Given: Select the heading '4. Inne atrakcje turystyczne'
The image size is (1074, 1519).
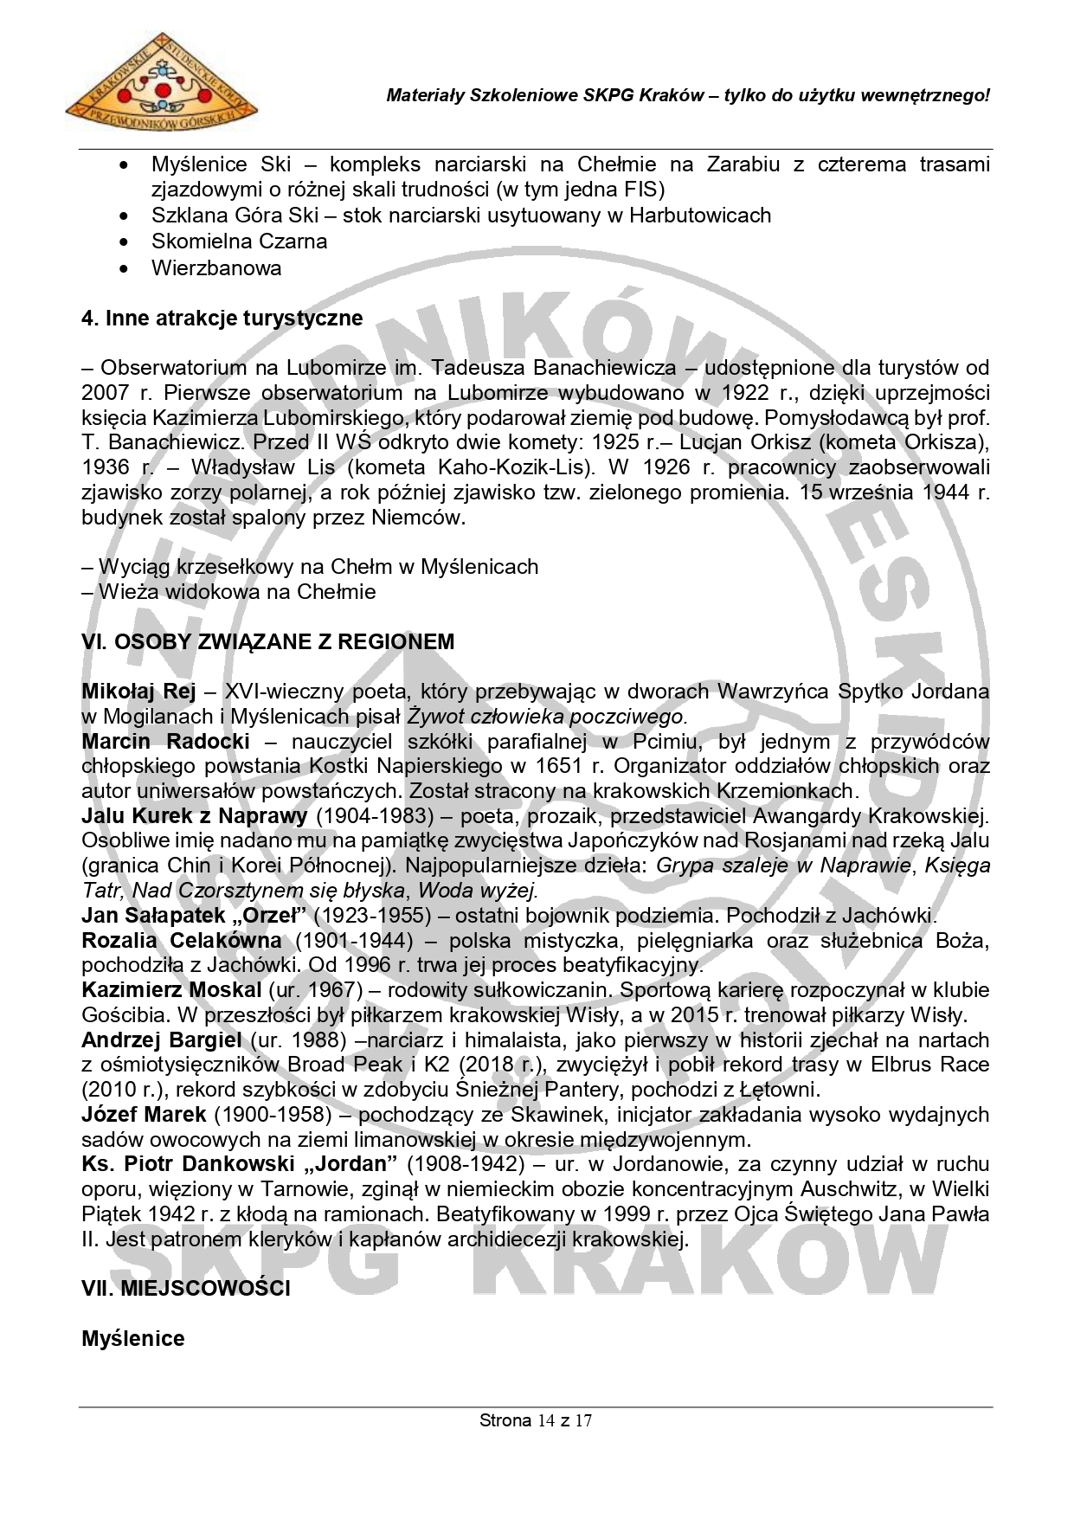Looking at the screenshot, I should (222, 318).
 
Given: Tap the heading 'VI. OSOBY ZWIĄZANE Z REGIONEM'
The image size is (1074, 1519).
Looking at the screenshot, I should (267, 641).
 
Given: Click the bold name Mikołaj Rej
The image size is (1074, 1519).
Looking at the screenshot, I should (138, 692).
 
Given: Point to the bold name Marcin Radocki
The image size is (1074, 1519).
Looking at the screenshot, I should (165, 742).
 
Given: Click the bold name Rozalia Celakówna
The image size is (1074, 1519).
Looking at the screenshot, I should (182, 940).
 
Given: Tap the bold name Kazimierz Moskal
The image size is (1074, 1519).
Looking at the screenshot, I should (171, 990).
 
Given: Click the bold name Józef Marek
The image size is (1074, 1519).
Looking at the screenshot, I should (144, 1115).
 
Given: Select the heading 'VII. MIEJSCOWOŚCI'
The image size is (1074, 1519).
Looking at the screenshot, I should (185, 1288).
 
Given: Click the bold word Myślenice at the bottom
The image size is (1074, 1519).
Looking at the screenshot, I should (133, 1338).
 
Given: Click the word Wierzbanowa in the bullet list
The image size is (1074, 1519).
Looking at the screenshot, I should (216, 267).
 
